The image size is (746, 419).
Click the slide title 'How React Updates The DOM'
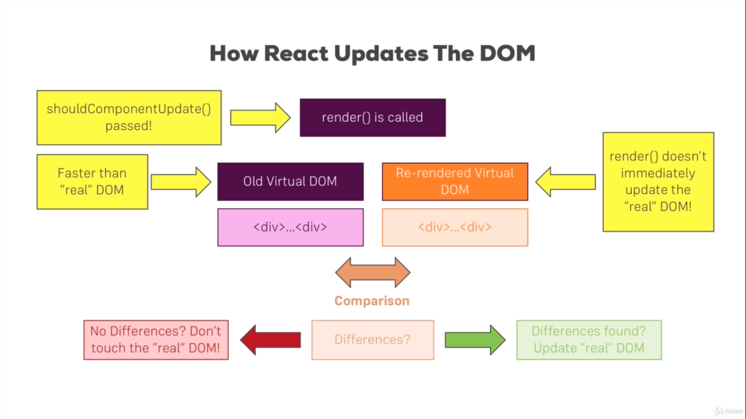(372, 54)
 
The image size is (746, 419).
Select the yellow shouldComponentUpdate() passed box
(129, 117)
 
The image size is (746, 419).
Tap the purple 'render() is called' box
(372, 117)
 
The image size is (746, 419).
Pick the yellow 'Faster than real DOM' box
(92, 182)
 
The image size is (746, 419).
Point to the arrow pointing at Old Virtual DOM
(181, 182)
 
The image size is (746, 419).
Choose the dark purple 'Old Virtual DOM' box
(290, 182)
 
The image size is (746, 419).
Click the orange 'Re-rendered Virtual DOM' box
(455, 182)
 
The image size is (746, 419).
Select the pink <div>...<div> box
(290, 228)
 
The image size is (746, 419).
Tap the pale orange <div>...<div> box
(455, 228)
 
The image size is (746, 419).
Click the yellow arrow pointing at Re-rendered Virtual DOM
(565, 182)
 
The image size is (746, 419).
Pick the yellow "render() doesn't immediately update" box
(658, 182)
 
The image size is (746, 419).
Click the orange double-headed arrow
(372, 272)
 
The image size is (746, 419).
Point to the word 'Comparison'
(372, 301)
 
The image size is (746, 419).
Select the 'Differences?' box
(372, 340)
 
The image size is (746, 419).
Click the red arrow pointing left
(270, 340)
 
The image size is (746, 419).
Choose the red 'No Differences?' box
(156, 340)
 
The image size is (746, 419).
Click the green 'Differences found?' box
(589, 340)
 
